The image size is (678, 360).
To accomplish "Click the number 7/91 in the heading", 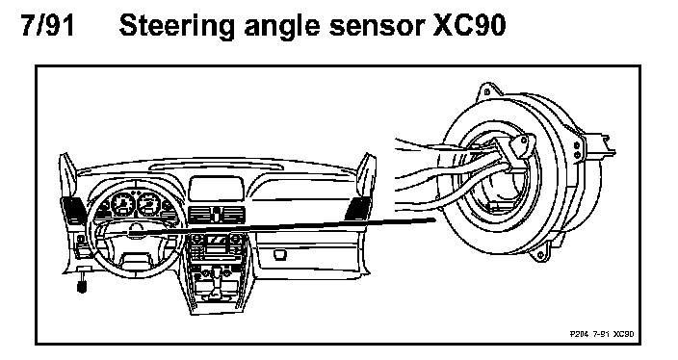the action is tap(47, 25).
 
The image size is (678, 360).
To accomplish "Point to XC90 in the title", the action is tap(469, 25).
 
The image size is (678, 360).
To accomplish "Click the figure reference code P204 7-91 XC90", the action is tap(602, 334).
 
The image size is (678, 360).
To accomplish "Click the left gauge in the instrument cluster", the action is tap(123, 203).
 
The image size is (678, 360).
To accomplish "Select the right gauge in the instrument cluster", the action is tap(149, 203).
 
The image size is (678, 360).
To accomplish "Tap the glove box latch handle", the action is tap(280, 254).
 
